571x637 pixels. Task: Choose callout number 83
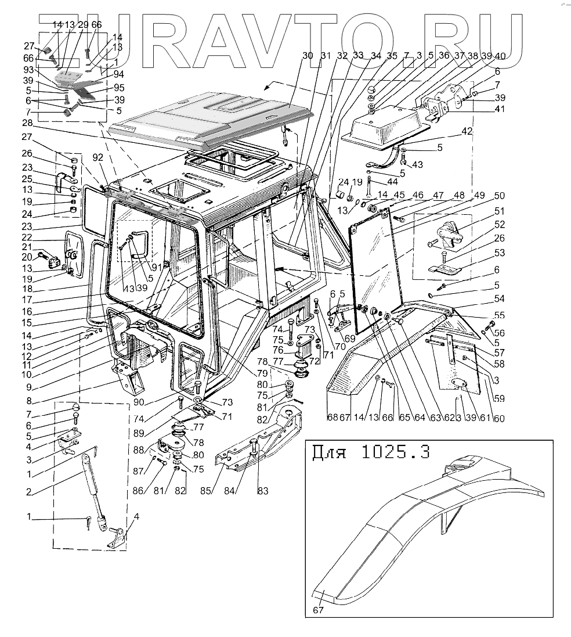(x=263, y=491)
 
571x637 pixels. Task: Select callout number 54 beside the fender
(x=498, y=298)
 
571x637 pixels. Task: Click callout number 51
(x=499, y=211)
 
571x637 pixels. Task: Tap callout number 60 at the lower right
(x=498, y=419)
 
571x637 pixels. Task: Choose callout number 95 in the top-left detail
(x=120, y=87)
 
